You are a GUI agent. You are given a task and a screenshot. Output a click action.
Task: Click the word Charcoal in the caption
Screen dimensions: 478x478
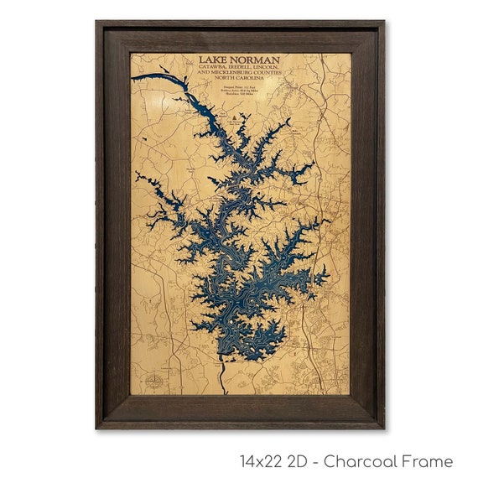364,461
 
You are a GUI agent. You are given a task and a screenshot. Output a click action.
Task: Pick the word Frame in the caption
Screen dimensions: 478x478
429,461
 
